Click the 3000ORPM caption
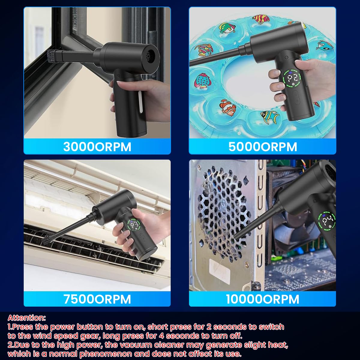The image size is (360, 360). coord(97,147)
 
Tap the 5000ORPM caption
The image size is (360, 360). coord(263,147)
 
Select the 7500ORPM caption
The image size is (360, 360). coord(97,299)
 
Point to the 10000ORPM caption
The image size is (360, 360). coord(263,299)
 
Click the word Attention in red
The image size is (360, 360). coord(26,318)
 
